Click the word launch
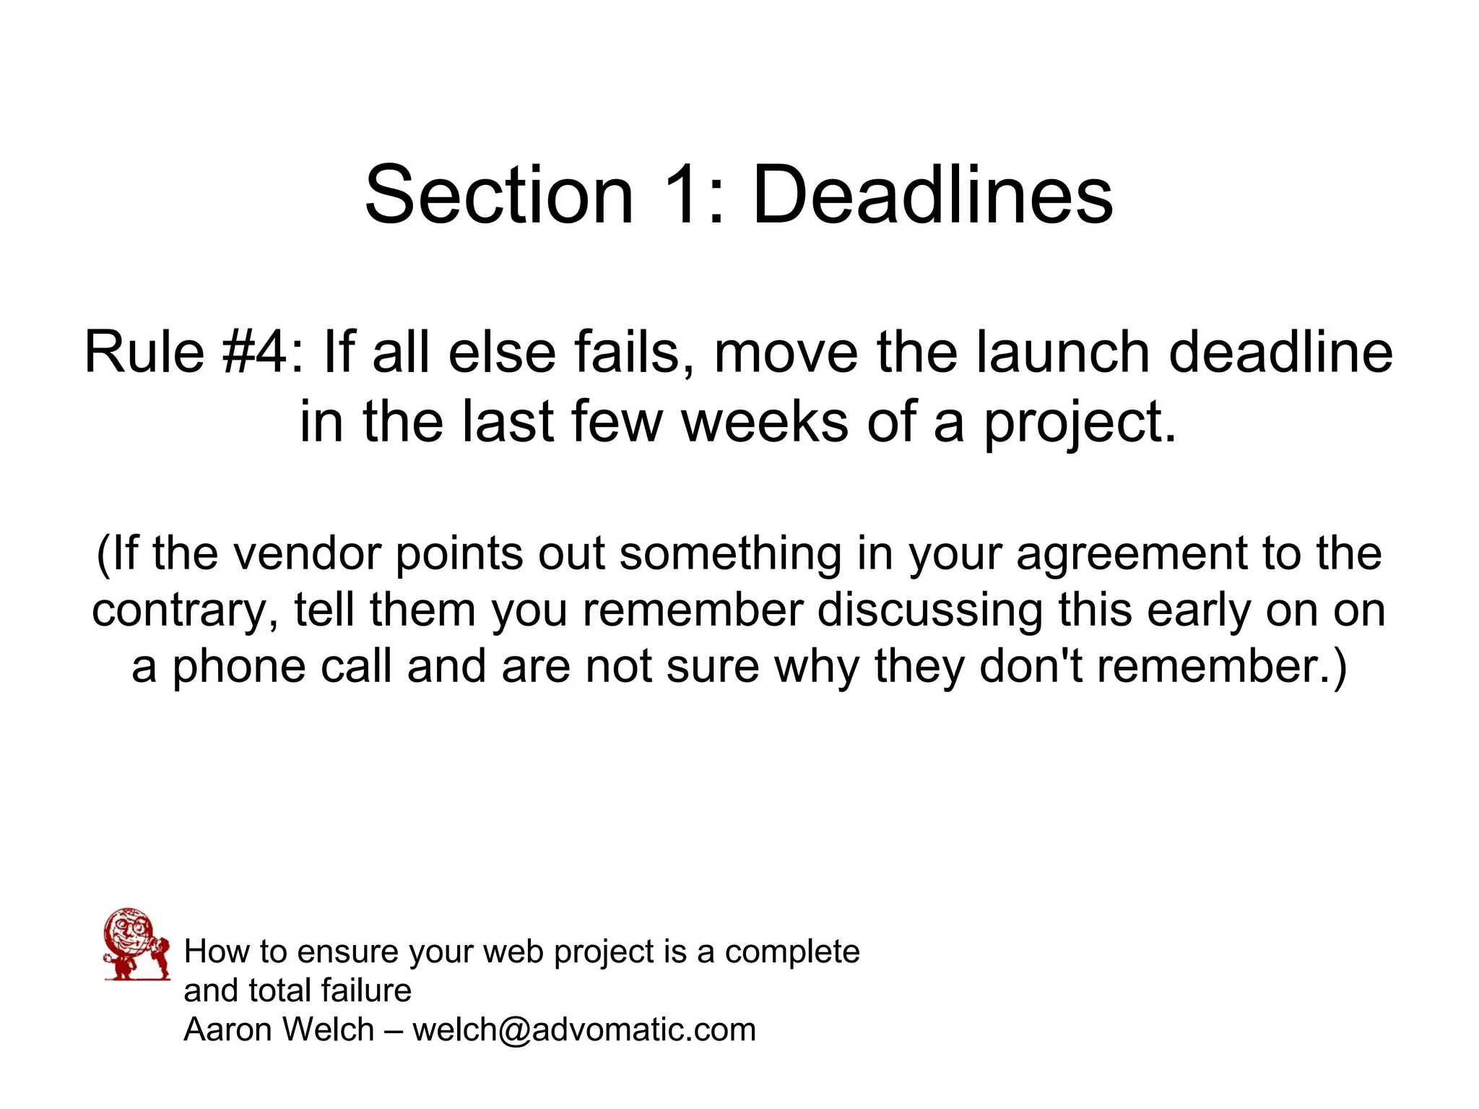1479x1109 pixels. coord(1063,353)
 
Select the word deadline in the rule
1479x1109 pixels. coord(1280,353)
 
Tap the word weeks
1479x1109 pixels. coord(765,422)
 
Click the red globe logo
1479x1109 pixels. coord(136,944)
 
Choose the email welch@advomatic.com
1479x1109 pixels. coord(584,1030)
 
